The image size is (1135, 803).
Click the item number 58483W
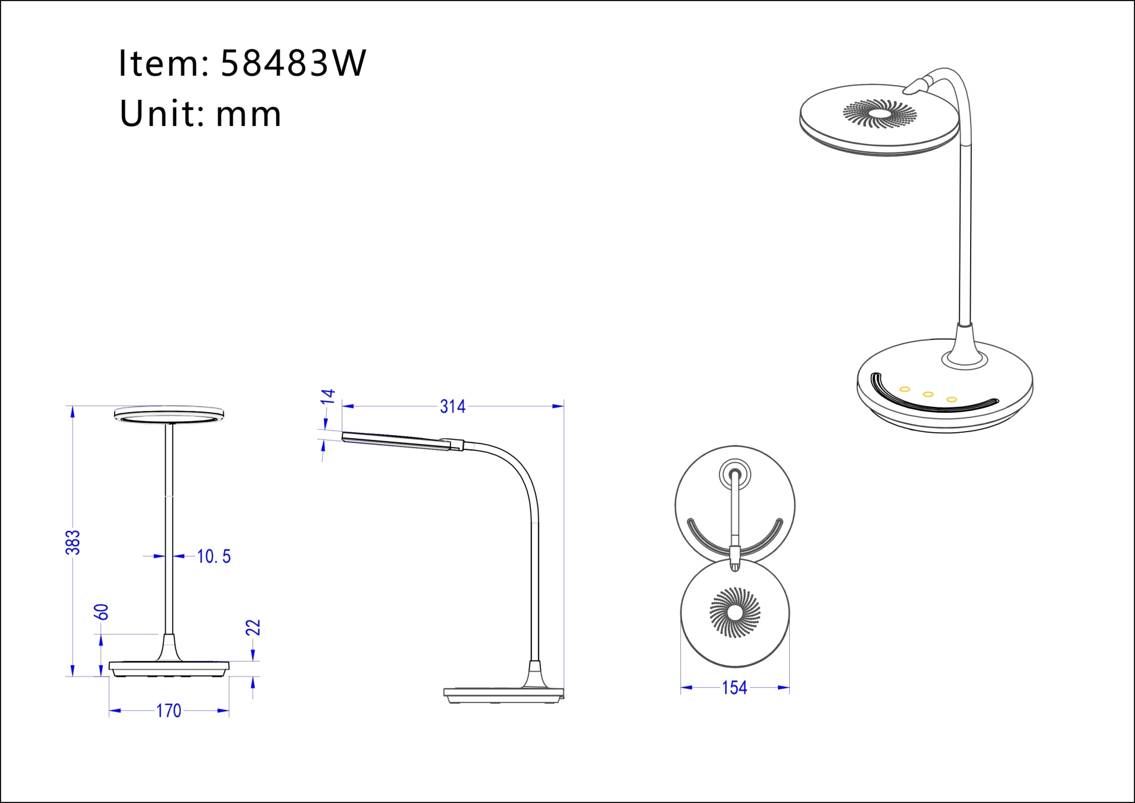(293, 63)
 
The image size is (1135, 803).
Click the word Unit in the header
(157, 113)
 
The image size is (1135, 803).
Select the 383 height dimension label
(72, 542)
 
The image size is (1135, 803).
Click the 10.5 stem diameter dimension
(213, 556)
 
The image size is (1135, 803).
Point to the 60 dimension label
(102, 612)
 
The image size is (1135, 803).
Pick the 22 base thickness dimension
(253, 627)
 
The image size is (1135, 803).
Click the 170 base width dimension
(168, 711)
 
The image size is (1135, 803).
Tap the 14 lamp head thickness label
(327, 397)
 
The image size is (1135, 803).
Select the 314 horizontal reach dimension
(452, 407)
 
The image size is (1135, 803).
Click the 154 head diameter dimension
(734, 688)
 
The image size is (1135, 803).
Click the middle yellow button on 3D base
(928, 394)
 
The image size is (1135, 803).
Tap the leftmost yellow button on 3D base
(904, 389)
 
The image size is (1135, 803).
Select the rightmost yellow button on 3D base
(951, 400)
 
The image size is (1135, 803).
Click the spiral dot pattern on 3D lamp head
(880, 113)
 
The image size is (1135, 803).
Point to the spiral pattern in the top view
(735, 613)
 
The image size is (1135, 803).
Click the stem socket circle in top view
(735, 474)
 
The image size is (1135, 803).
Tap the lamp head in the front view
(169, 414)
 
